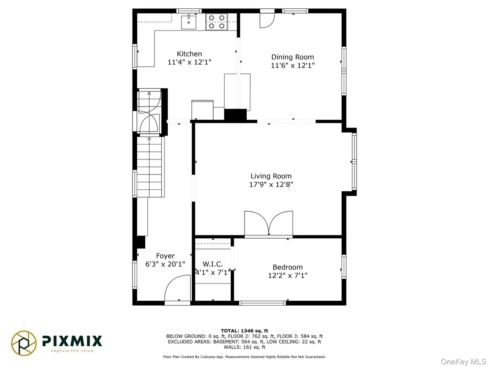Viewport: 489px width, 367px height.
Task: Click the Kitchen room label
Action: (189, 54)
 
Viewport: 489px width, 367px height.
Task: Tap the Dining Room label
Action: (293, 57)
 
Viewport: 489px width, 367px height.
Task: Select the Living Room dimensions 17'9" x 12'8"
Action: (271, 184)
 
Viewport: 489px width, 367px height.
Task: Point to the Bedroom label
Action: (288, 267)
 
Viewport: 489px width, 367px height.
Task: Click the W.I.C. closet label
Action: (213, 264)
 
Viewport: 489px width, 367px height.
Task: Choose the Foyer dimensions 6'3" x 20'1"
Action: (166, 264)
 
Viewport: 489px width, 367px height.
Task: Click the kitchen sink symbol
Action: (189, 22)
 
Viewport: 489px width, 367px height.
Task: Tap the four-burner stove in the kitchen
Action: (216, 22)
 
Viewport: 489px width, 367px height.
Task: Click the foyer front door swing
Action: (177, 288)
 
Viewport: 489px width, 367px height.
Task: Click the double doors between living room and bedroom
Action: (268, 223)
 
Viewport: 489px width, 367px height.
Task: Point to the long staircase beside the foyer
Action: (150, 167)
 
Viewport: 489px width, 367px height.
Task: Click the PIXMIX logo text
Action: (72, 341)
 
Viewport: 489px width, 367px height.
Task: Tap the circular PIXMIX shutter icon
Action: (24, 343)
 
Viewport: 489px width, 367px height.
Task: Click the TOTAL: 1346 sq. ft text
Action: (244, 331)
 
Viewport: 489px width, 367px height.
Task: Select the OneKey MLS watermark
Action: (463, 362)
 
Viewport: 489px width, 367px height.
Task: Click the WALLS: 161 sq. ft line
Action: (244, 347)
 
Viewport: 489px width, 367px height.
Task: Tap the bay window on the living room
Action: (354, 162)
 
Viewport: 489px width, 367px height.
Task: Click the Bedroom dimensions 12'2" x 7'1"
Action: (288, 275)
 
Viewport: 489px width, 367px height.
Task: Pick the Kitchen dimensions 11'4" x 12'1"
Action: (190, 62)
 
